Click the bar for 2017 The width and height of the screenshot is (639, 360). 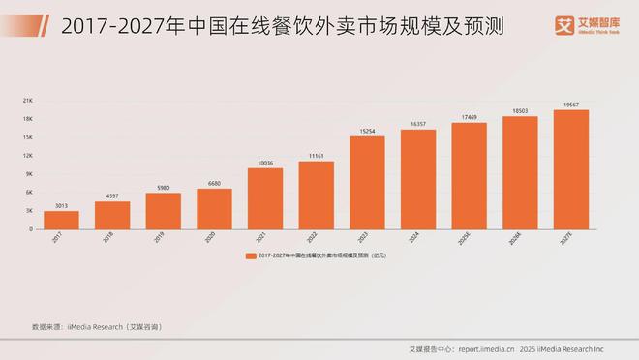[62, 220]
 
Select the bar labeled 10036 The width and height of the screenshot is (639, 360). [265, 198]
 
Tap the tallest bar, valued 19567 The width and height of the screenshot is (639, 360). [570, 169]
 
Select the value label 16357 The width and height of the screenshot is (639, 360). [418, 125]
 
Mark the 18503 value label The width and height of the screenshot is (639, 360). [520, 111]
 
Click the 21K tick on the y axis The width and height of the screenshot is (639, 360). [29, 101]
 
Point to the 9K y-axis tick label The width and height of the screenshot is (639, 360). [30, 174]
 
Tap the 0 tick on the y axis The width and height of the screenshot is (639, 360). [32, 229]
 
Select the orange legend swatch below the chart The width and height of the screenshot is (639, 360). [250, 255]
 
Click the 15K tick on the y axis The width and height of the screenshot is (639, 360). [29, 137]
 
